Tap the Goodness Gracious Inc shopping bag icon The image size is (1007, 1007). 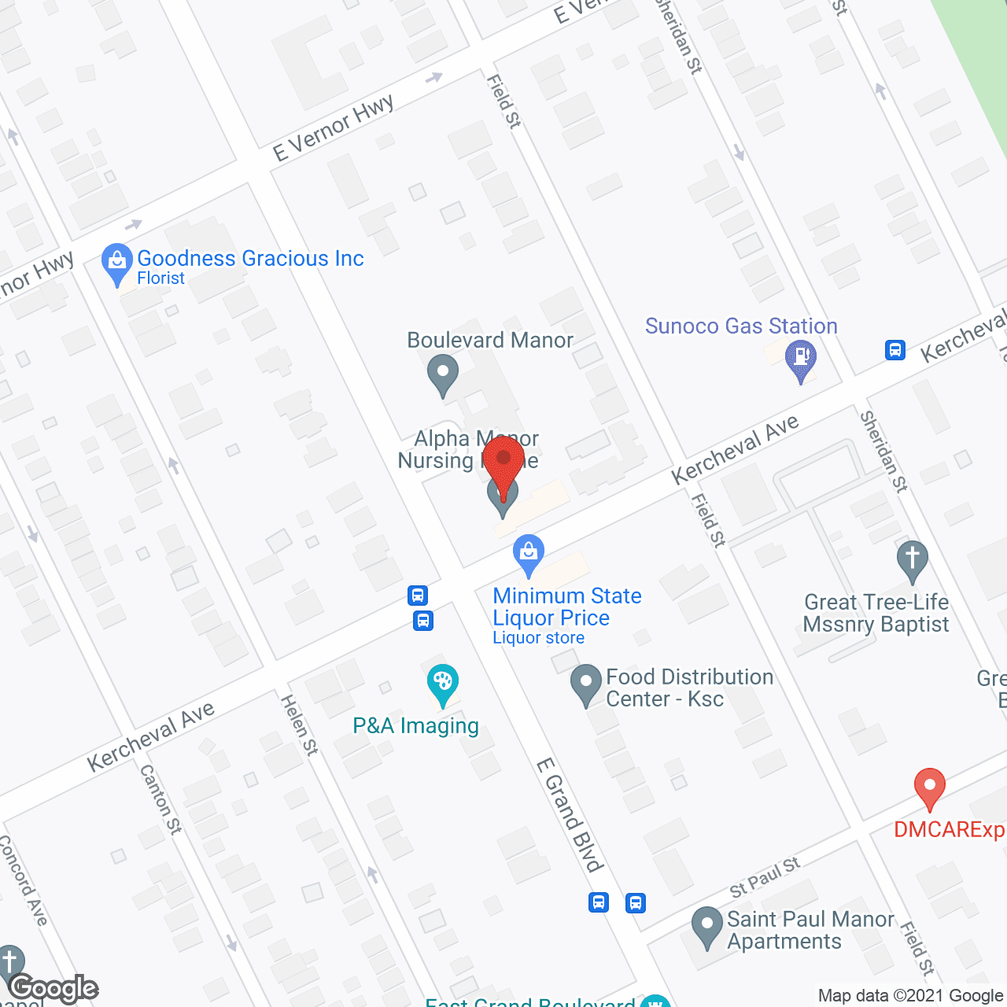tap(117, 262)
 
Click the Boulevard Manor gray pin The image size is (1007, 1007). tap(442, 374)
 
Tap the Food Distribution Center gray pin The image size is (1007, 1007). tap(585, 683)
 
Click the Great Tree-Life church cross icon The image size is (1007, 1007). tap(913, 559)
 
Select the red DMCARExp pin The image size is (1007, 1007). tap(929, 787)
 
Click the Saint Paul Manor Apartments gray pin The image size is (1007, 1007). tap(706, 925)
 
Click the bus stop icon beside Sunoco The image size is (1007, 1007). tap(895, 350)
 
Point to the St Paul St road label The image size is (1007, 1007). tap(765, 877)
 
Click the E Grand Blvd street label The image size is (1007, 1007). tap(569, 815)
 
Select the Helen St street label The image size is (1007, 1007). tap(300, 725)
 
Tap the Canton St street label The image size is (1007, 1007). tap(160, 799)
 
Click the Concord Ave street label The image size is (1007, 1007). tap(24, 880)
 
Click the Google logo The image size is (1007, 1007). tap(53, 988)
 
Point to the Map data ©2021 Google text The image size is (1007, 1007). tap(910, 996)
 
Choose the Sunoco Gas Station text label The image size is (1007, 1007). tap(741, 326)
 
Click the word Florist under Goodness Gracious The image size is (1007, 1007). tap(160, 278)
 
